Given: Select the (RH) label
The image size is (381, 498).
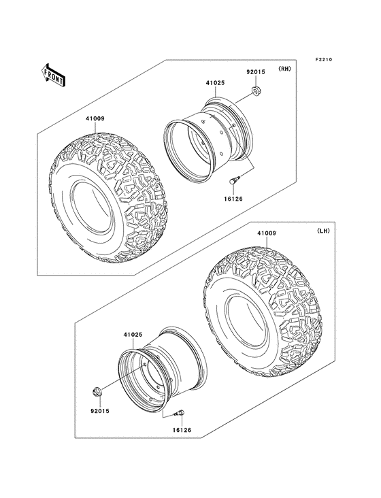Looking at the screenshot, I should (284, 70).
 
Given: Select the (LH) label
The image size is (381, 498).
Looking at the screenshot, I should (322, 231).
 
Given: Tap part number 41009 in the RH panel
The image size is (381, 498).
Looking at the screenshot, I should (95, 118).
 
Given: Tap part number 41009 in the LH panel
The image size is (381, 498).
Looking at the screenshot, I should (266, 233).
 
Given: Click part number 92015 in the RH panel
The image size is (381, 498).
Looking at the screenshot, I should (254, 70).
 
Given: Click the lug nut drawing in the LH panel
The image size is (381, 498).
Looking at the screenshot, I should (97, 392).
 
